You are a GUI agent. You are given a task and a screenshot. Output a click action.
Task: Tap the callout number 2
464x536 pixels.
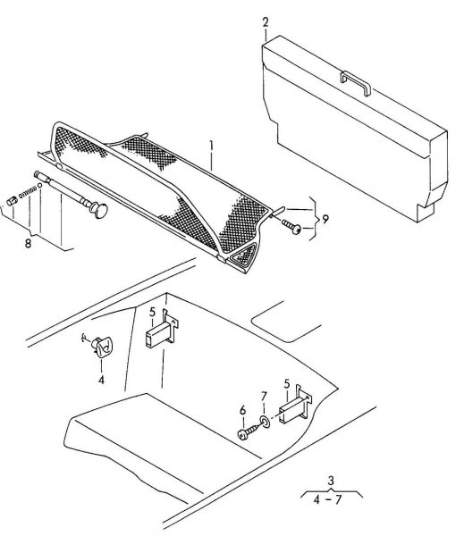point(266,22)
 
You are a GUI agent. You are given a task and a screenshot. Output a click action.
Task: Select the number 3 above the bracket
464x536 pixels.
point(331,481)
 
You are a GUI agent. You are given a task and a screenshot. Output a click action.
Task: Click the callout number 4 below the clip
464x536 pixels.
point(101,380)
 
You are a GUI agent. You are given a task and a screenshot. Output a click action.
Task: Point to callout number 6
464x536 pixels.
point(242,410)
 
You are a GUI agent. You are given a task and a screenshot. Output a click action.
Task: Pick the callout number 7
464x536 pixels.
point(264,397)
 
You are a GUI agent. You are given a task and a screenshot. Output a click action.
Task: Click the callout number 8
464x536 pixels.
point(28,243)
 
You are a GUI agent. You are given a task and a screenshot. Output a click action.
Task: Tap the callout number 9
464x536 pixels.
point(325,219)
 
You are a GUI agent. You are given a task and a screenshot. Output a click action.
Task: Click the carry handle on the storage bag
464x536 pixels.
point(356,83)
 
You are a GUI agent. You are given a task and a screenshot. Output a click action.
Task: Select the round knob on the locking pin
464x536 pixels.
point(99,210)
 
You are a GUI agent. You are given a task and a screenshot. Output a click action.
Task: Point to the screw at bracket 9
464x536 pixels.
point(291,227)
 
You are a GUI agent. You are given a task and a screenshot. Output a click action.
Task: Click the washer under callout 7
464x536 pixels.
point(265,421)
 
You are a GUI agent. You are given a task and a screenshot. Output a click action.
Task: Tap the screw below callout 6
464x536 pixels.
point(249,431)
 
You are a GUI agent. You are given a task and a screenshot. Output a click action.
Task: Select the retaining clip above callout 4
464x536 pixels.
point(101,347)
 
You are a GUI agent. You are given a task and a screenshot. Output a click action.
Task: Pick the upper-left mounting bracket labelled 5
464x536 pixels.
point(162,329)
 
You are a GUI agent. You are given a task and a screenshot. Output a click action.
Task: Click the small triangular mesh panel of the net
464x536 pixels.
point(244,254)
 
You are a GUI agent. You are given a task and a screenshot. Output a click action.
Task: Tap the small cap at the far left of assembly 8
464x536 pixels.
point(12,201)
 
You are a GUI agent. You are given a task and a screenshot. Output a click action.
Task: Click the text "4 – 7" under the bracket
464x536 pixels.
point(327,499)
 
